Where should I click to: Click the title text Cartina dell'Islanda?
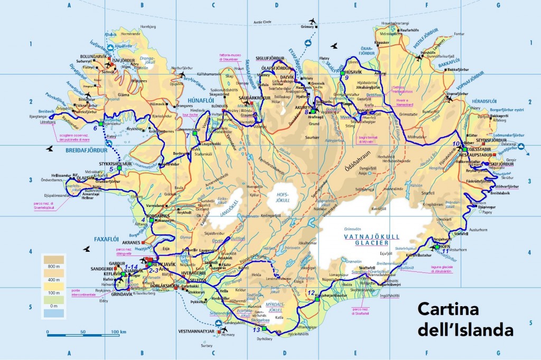465,319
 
